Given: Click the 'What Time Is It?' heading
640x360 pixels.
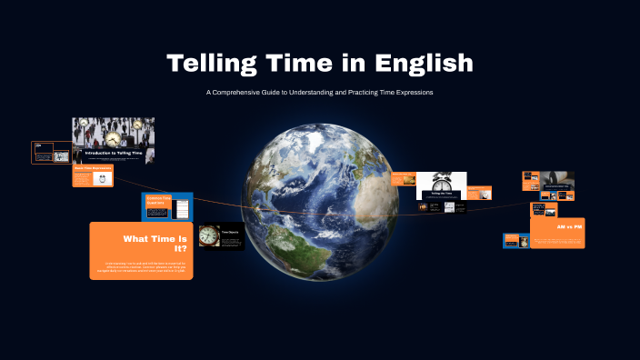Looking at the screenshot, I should point(155,243).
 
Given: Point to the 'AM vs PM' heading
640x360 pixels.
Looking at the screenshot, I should point(568,225).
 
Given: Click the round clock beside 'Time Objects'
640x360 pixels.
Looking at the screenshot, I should point(209,235).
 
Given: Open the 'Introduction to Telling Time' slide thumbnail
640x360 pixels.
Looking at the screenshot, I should point(113,140).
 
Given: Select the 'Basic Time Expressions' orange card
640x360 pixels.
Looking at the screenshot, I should point(93,175).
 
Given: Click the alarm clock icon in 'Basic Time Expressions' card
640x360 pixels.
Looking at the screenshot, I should point(103,178).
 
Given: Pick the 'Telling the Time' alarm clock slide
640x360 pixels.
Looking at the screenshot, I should point(442,185).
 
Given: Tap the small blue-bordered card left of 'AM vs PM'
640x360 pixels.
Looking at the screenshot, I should point(515,241).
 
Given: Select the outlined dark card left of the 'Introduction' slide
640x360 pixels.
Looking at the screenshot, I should point(51,152).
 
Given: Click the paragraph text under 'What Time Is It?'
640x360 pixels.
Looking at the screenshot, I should point(142,268).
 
